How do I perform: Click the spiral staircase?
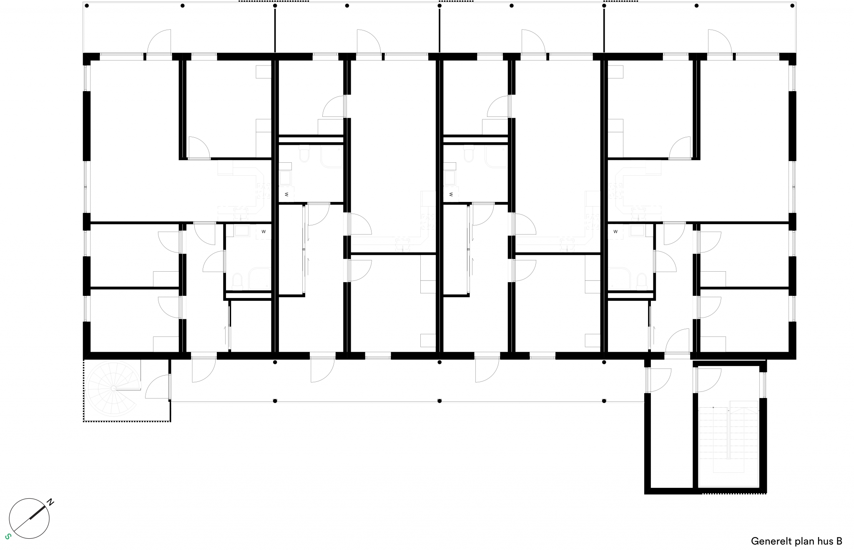[113, 388]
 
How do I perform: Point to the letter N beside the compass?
[50, 502]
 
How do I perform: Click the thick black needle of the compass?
[38, 512]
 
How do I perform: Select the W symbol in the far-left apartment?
[264, 231]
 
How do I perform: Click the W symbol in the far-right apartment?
[615, 231]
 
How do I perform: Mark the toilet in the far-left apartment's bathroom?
[237, 281]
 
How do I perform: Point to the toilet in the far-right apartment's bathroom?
[642, 281]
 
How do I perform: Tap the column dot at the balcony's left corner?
[87, 6]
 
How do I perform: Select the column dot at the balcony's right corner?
[792, 6]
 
